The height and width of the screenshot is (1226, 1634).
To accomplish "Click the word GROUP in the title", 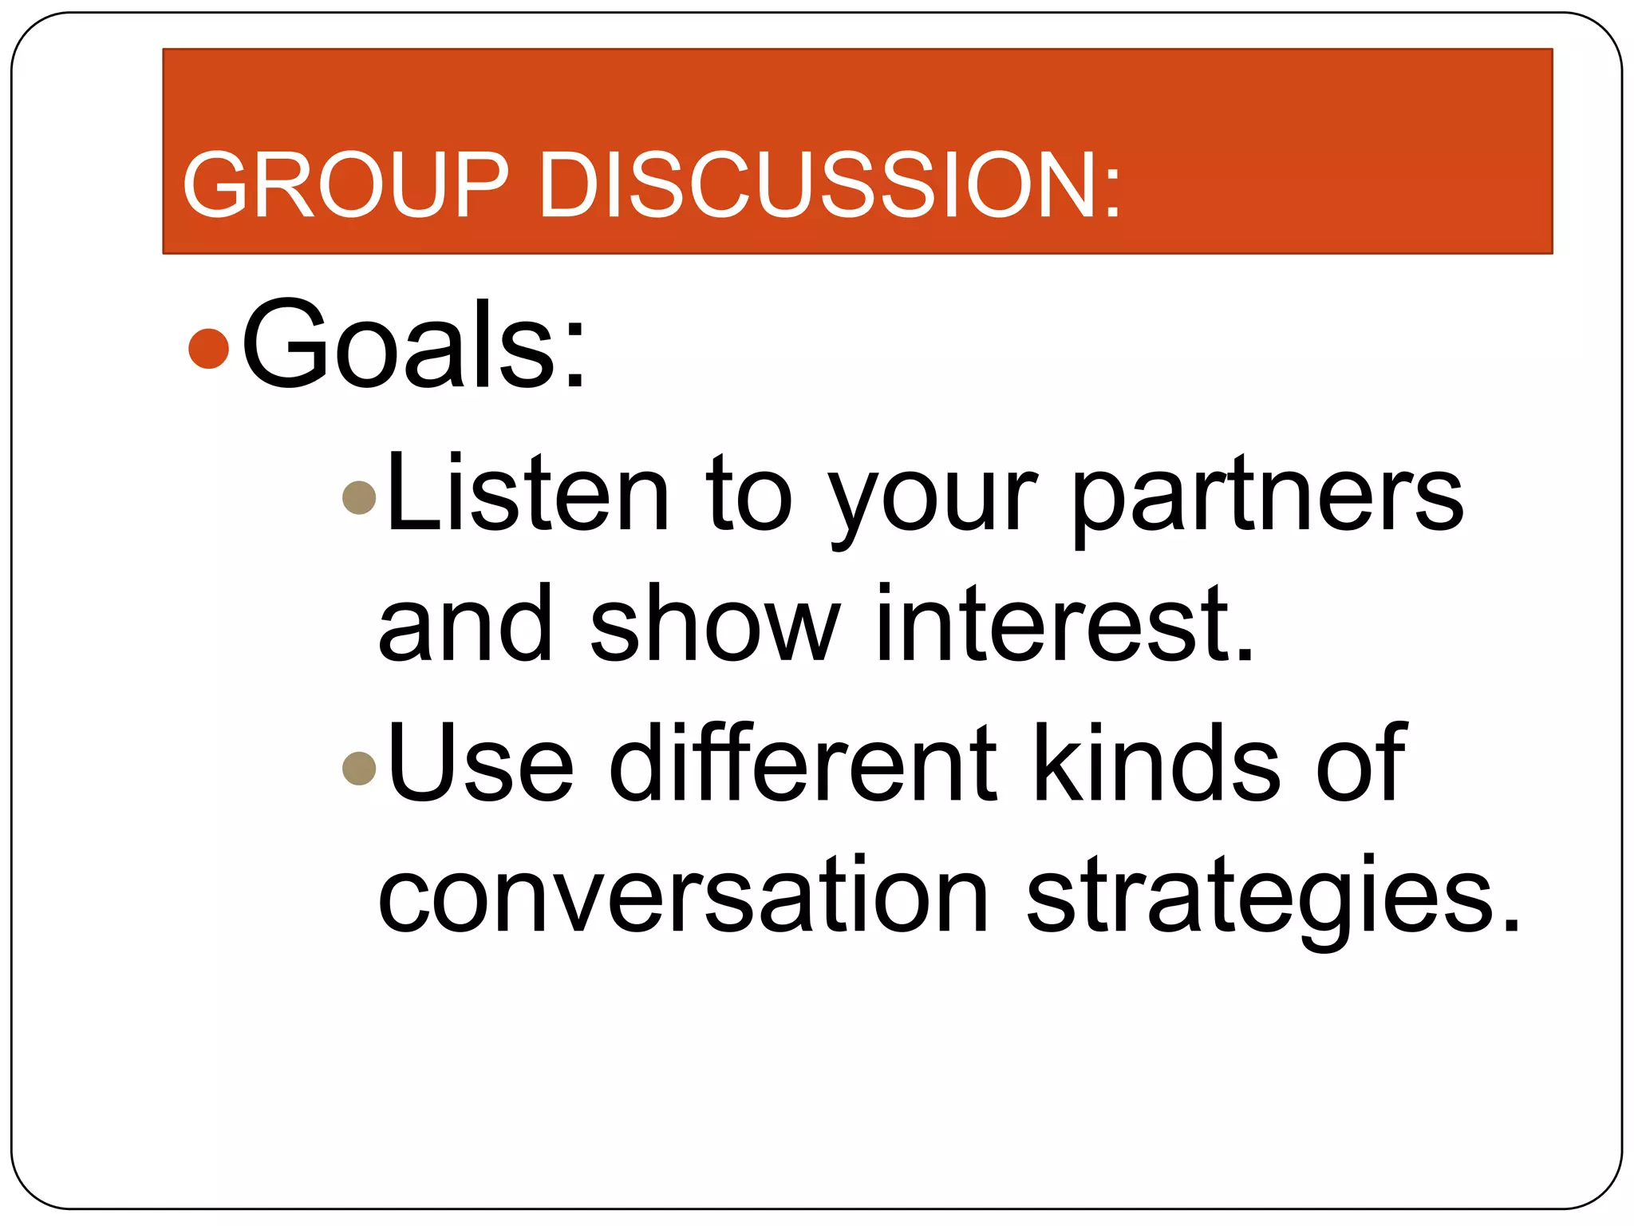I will (345, 185).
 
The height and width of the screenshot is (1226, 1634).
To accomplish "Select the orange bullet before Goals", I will (209, 348).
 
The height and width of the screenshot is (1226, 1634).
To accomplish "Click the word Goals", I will (399, 345).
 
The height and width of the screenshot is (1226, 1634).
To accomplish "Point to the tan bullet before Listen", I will (358, 497).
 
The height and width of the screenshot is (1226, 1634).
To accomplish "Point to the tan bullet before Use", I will (358, 768).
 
